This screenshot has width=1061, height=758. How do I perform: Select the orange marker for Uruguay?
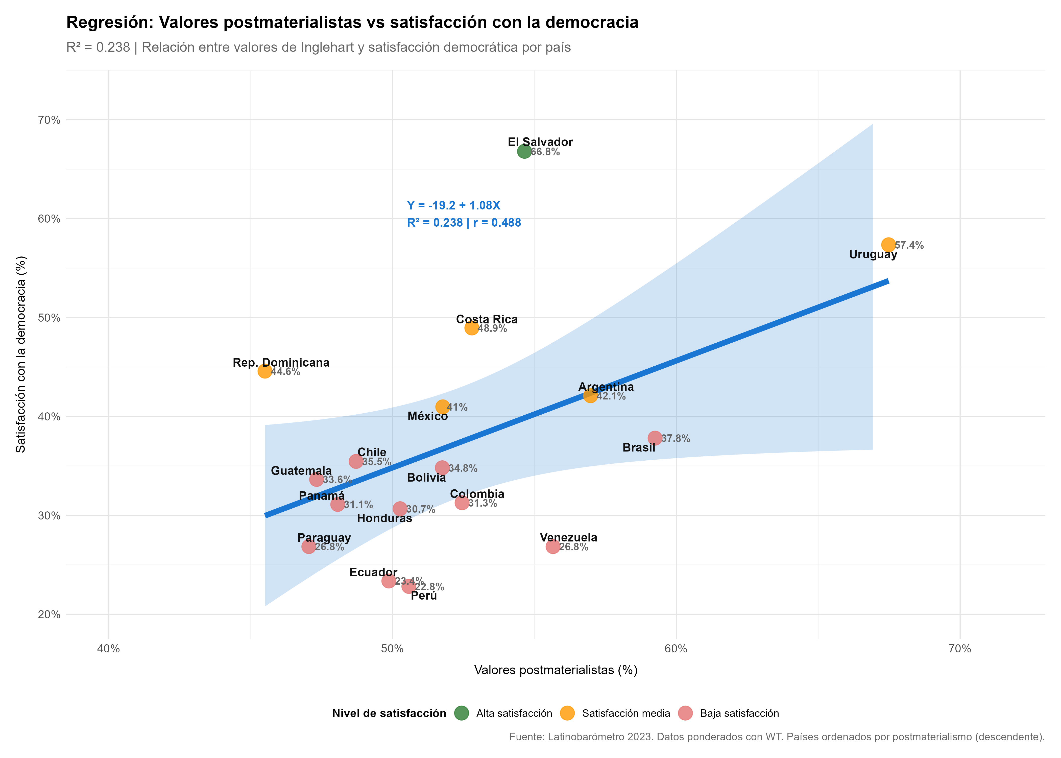click(x=888, y=245)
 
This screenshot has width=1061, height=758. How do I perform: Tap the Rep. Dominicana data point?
click(x=264, y=371)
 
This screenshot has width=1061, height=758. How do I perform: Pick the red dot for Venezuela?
click(x=553, y=547)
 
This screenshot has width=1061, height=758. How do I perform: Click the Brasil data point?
click(x=655, y=438)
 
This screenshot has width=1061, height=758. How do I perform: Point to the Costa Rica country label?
click(x=487, y=319)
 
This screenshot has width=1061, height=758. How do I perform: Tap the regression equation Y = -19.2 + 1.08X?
click(x=453, y=205)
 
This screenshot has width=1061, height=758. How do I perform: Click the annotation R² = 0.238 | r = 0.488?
click(x=464, y=223)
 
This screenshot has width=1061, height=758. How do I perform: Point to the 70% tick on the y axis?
click(x=49, y=120)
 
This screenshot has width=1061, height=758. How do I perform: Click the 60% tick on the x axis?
click(x=676, y=649)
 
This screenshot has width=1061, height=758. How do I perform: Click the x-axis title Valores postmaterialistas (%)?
click(x=556, y=670)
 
